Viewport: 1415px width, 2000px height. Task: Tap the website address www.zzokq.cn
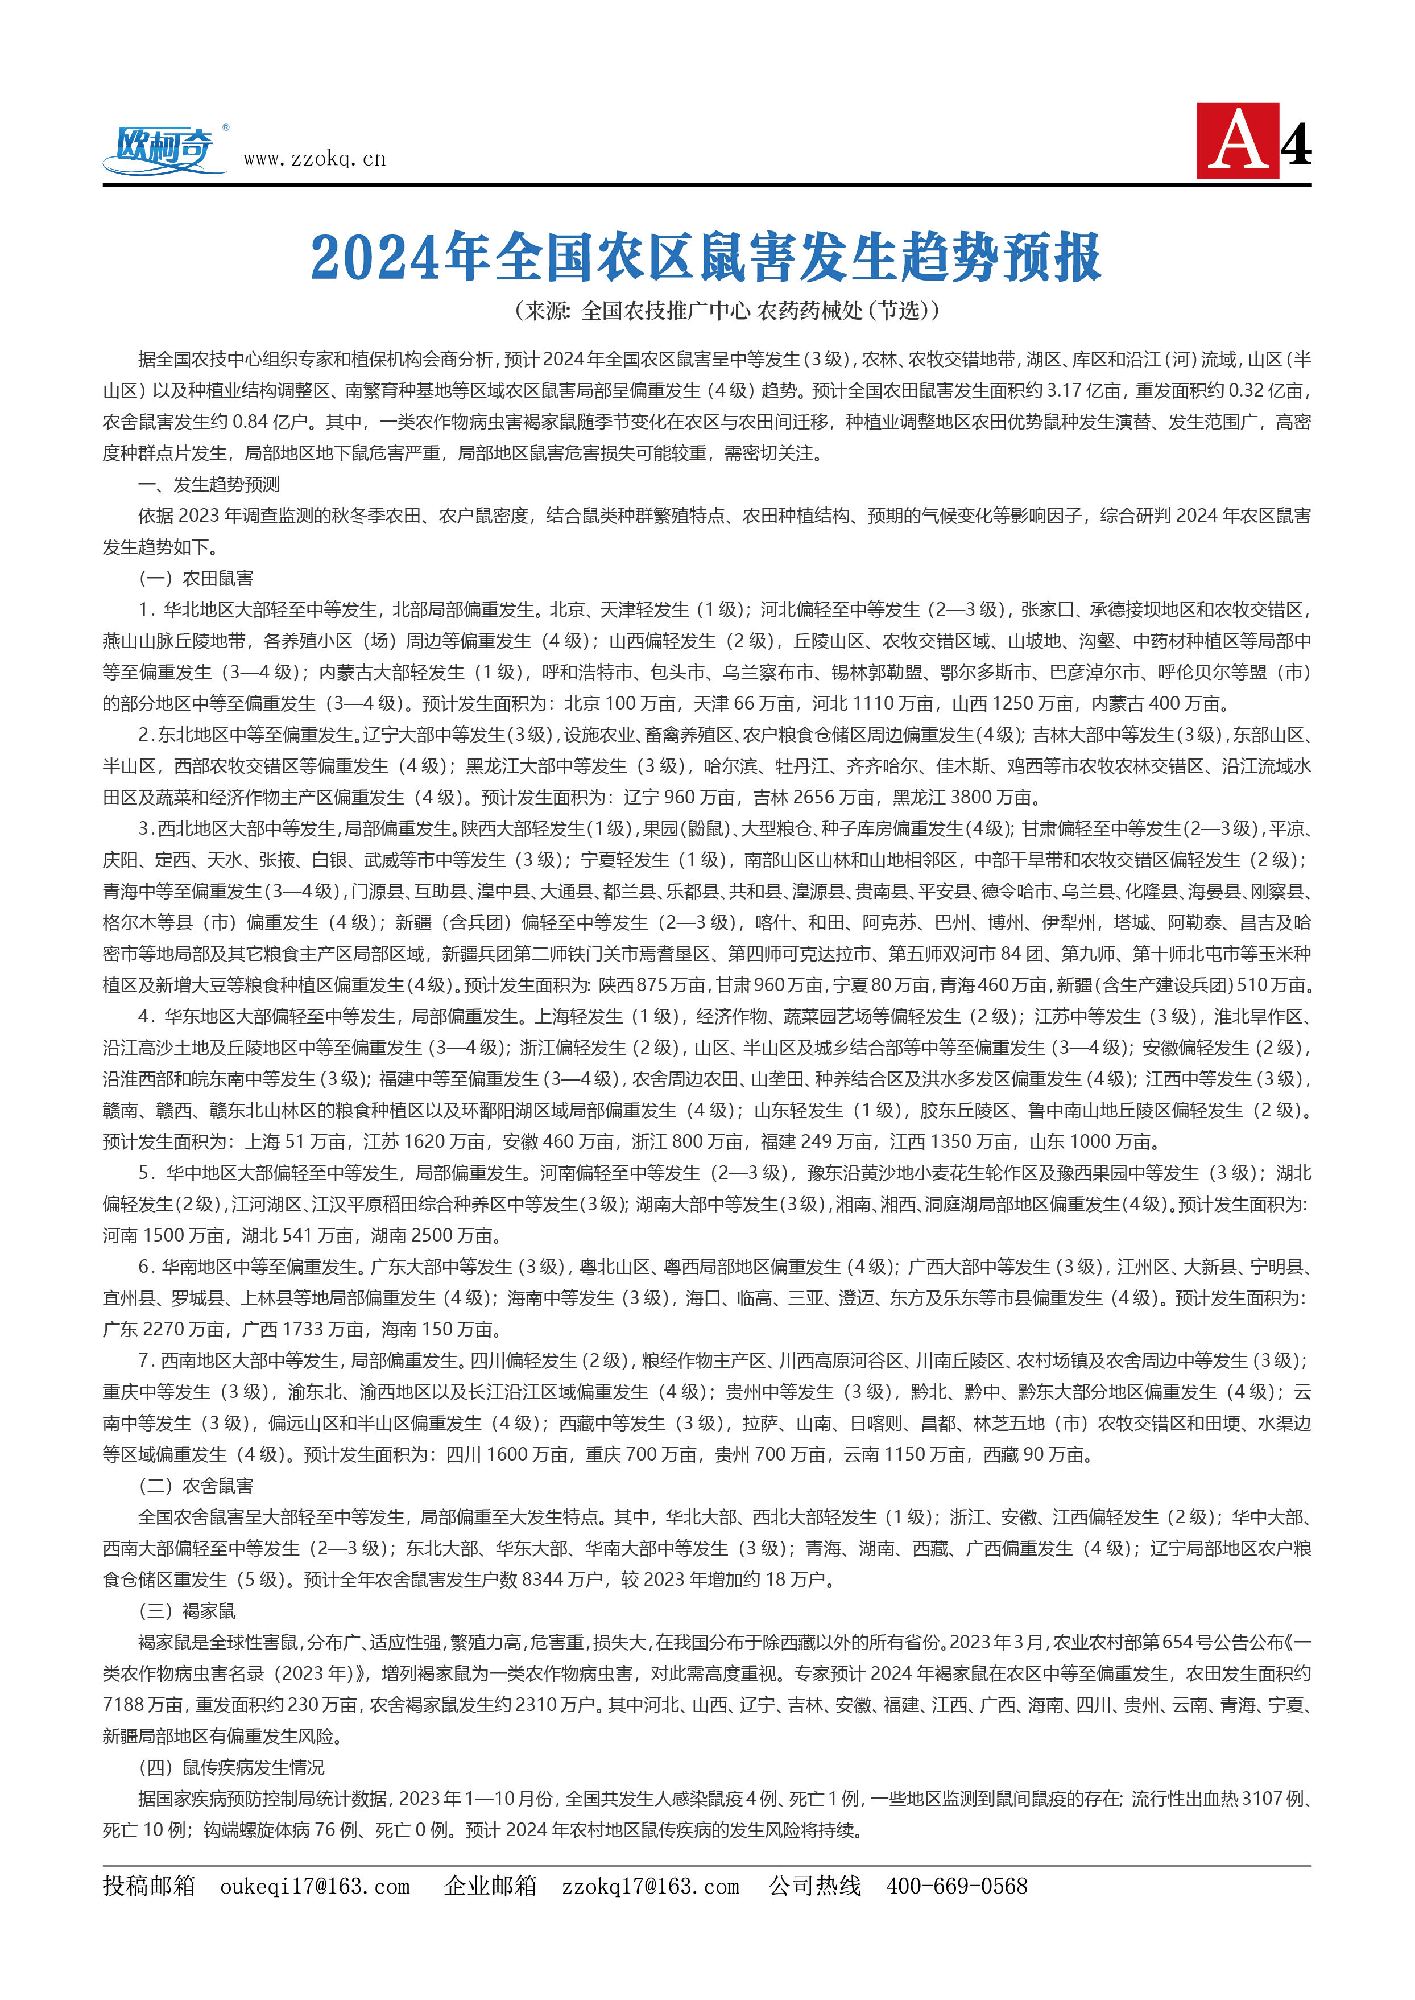point(314,159)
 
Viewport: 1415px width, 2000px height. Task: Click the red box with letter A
point(1237,141)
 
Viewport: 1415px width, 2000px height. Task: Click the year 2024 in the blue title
point(375,258)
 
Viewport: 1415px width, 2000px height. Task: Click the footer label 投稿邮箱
point(149,1886)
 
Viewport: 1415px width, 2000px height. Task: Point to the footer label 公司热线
point(814,1886)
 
